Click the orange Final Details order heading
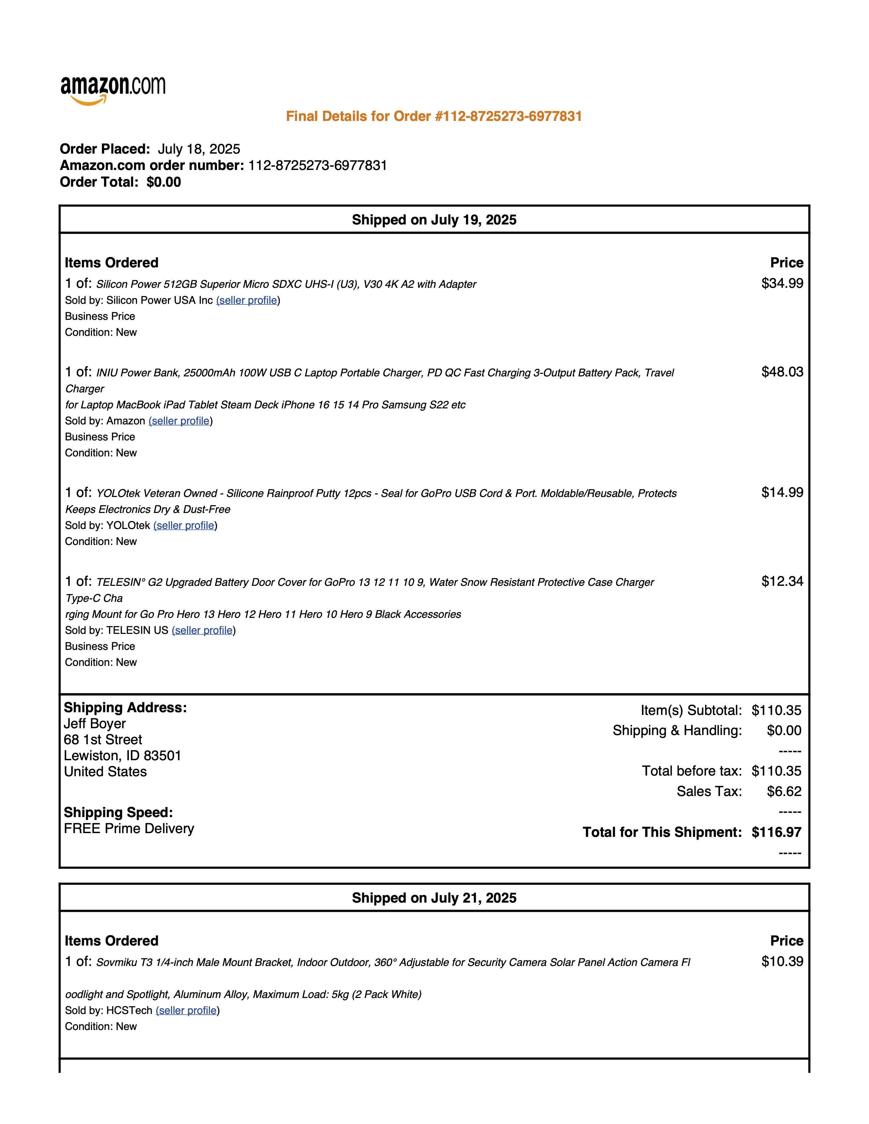point(434,116)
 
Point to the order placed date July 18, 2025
point(199,149)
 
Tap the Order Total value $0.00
point(164,182)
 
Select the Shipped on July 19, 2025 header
point(434,220)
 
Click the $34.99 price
point(782,284)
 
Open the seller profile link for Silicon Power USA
point(248,300)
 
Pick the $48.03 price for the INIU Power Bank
point(782,372)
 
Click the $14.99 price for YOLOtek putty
point(782,493)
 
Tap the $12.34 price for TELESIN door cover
point(782,581)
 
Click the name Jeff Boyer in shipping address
point(95,723)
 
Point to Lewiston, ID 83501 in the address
point(123,755)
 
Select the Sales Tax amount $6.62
point(783,792)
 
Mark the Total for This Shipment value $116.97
point(776,832)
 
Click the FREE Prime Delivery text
point(129,829)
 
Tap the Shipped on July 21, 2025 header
point(434,898)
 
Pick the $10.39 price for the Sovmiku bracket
point(782,962)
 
